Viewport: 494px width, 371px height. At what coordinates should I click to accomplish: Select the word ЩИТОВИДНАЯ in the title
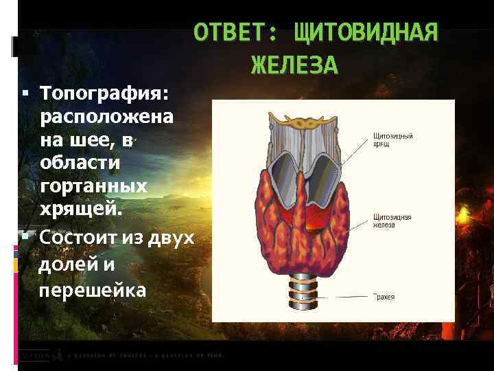click(365, 33)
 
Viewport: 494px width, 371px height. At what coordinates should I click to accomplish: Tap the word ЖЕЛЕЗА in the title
click(294, 65)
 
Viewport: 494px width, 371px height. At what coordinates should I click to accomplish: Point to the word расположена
click(106, 116)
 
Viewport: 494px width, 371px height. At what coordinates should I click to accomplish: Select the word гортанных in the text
click(93, 186)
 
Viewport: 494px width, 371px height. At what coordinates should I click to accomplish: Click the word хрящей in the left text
click(80, 209)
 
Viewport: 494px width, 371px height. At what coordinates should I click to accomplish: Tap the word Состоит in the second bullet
click(82, 238)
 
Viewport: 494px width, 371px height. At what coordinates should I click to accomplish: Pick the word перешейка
click(93, 290)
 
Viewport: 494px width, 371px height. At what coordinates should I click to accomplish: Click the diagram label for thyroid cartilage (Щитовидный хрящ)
click(392, 140)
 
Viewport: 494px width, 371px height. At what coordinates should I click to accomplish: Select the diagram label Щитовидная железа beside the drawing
click(392, 219)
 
